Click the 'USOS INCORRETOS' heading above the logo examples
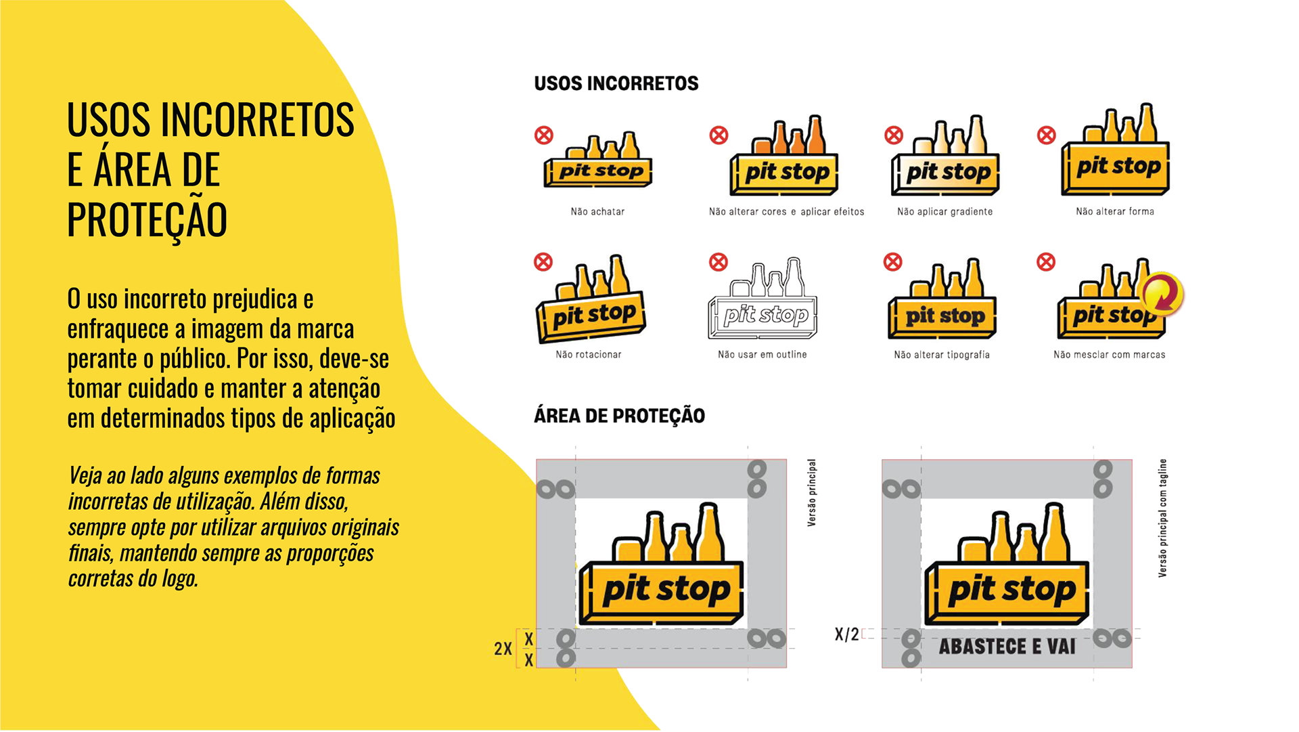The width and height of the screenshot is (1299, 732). (616, 83)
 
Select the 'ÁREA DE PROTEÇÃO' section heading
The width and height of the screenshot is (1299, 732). (619, 416)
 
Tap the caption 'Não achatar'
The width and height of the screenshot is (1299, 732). (597, 212)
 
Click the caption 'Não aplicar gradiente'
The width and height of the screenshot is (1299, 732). (944, 212)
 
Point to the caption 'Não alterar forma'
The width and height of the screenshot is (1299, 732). (1115, 212)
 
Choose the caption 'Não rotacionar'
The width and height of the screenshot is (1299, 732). (588, 355)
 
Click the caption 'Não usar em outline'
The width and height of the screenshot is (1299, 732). (762, 355)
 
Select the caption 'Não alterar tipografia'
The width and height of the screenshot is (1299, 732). (941, 355)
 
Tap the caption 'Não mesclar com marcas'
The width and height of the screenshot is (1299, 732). (1109, 355)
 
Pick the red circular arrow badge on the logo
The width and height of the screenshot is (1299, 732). (1162, 293)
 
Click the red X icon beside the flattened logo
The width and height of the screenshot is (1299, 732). (544, 135)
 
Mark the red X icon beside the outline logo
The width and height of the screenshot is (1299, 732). (719, 262)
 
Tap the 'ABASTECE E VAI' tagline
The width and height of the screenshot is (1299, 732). (1007, 647)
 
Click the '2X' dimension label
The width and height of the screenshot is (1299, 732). (503, 649)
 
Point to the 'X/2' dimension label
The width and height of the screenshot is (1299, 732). (846, 634)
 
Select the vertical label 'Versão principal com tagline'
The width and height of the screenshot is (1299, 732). (1162, 518)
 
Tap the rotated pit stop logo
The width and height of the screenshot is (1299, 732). (591, 300)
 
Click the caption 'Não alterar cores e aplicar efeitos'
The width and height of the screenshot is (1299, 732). (786, 212)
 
